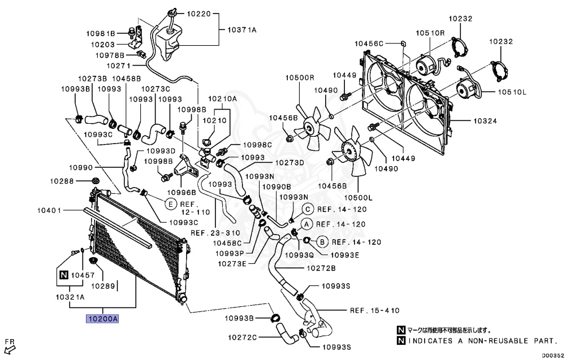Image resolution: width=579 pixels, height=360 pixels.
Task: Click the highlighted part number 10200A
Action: tap(102, 319)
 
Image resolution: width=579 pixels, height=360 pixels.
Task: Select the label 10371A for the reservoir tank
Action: tap(242, 29)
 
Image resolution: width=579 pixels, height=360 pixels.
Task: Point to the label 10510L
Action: tap(511, 92)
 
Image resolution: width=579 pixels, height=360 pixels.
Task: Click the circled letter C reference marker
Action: tap(308, 209)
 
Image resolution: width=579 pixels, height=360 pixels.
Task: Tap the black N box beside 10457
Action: tap(63, 275)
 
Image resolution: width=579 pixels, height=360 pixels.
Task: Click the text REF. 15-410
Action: tap(374, 310)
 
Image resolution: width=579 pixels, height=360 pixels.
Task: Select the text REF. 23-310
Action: tap(215, 233)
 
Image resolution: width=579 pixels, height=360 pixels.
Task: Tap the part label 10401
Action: tap(50, 211)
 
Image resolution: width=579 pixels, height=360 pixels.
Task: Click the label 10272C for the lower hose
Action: tap(243, 337)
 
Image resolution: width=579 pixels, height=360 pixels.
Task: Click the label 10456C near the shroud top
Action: tap(369, 43)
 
